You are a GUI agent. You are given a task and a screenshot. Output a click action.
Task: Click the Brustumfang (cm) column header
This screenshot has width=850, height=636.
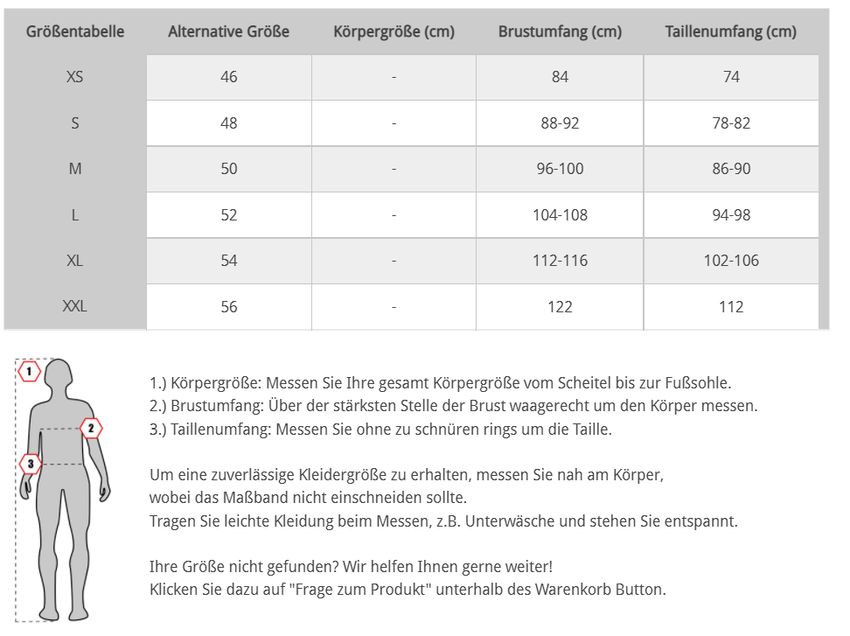pos(560,32)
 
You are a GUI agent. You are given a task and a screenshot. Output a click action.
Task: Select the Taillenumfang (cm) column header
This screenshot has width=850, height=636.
pos(731,32)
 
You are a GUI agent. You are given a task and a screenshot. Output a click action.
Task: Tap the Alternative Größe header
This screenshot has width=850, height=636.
pos(228,32)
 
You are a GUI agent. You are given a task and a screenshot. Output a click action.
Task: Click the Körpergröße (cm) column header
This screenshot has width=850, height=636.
pos(394,32)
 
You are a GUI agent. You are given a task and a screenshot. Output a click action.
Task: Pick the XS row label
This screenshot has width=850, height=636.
pos(75,77)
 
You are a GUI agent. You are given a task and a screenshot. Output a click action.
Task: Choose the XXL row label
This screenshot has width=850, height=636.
pos(75,307)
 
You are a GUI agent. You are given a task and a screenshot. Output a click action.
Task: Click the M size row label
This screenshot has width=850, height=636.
pos(75,169)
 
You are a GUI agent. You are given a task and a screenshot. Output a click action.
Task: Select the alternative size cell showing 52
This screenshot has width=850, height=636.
pos(229,215)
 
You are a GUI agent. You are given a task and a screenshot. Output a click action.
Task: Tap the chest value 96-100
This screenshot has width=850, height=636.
pos(560,169)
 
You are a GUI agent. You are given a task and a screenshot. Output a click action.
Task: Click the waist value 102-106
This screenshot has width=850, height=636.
pos(731,261)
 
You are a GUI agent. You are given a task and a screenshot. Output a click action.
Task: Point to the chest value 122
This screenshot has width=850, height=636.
pos(560,307)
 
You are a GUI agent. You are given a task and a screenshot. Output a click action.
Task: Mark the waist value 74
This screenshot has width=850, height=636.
pos(731,77)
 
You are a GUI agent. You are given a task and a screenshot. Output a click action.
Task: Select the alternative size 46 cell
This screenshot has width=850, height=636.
pos(229,77)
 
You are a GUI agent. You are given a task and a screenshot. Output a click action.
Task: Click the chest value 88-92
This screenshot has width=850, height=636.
pos(560,123)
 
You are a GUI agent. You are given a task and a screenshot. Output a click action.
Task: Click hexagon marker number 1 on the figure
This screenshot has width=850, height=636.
pos(30,372)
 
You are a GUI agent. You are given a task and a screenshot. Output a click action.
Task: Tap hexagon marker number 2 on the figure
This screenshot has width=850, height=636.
pos(90,428)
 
